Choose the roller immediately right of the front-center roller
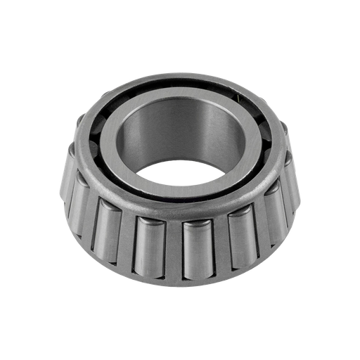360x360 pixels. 240,238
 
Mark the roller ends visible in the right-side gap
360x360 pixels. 264,141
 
